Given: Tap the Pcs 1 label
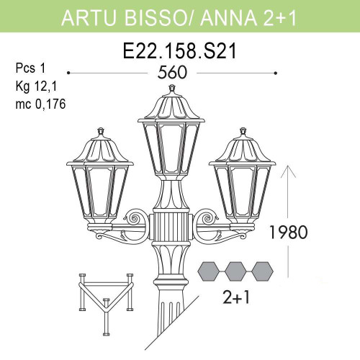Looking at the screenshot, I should [x=30, y=68].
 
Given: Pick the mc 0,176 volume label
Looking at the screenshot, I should [x=41, y=103].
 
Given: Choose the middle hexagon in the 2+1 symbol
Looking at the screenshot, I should [x=235, y=271].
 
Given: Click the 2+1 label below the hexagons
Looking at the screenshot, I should [x=235, y=297].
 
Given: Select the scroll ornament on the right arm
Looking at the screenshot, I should [x=210, y=215].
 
